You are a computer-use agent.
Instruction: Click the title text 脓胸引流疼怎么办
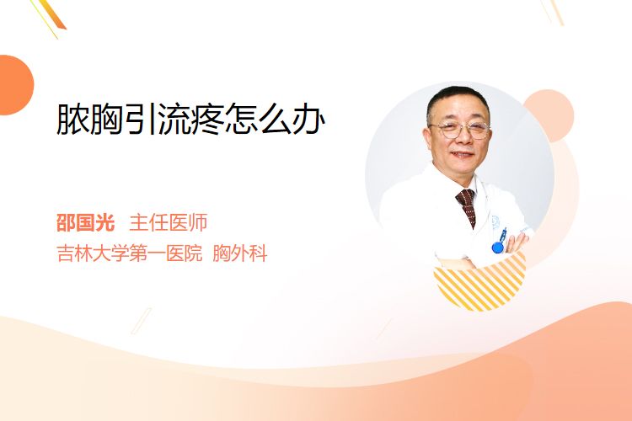tap(190, 120)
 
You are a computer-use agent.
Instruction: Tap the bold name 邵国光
tap(85, 222)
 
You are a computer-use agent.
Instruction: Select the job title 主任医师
tap(168, 222)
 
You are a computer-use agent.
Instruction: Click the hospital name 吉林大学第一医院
tap(130, 253)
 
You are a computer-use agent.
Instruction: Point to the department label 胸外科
tap(240, 253)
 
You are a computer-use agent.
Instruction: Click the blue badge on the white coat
tap(498, 247)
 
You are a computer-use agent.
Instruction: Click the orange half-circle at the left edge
tap(15, 85)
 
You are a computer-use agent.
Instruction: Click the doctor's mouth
tap(462, 155)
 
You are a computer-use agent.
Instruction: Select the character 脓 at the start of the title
tap(72, 120)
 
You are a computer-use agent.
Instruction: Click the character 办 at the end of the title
tap(308, 120)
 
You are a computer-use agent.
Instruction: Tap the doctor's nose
tap(462, 139)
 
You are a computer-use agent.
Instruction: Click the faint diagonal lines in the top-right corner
tap(552, 11)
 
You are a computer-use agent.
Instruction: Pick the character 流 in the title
tap(174, 120)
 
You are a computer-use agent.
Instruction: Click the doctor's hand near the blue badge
tap(517, 242)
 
